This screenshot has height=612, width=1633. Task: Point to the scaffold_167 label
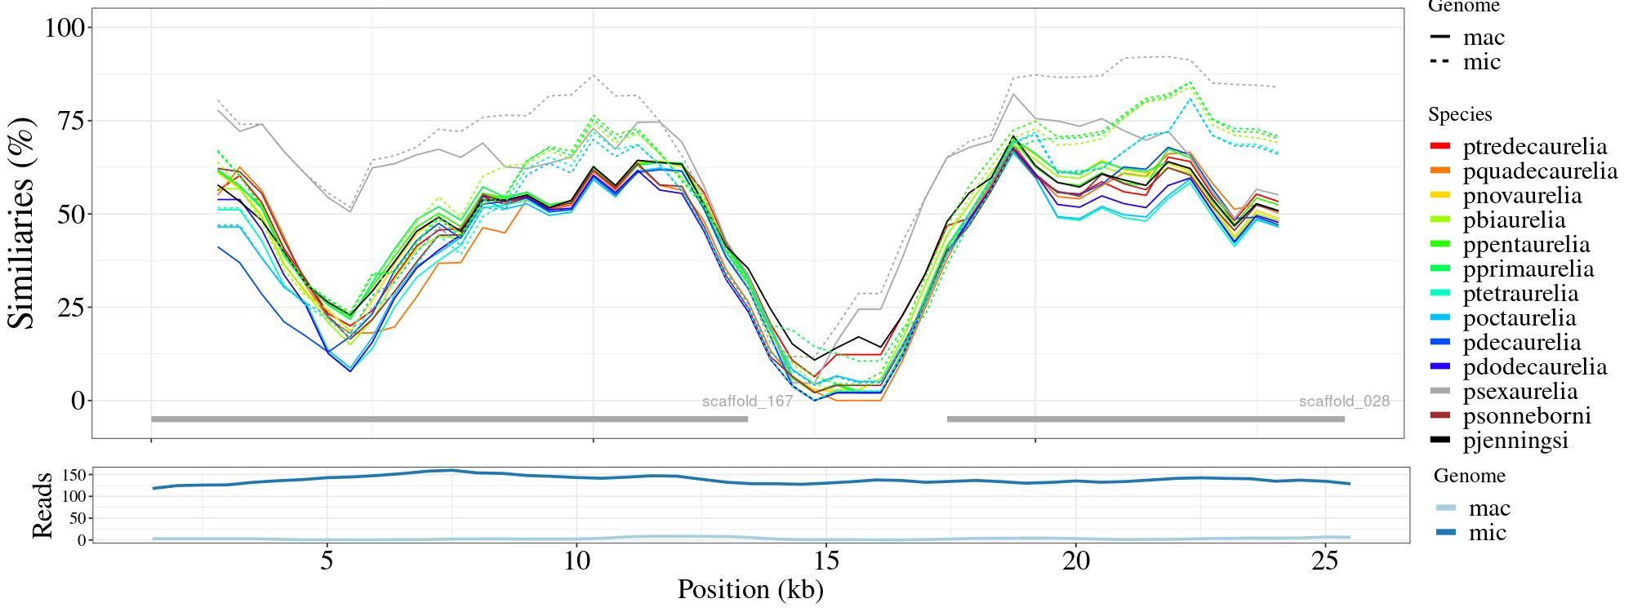[x=747, y=401]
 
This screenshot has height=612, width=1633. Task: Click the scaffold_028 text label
[x=1344, y=401]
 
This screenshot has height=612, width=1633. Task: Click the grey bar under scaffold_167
[x=449, y=419]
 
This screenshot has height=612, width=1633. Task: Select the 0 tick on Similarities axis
[x=78, y=401]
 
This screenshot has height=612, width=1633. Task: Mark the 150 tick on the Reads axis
[x=74, y=475]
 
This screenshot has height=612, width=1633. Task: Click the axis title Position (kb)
[x=750, y=589]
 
